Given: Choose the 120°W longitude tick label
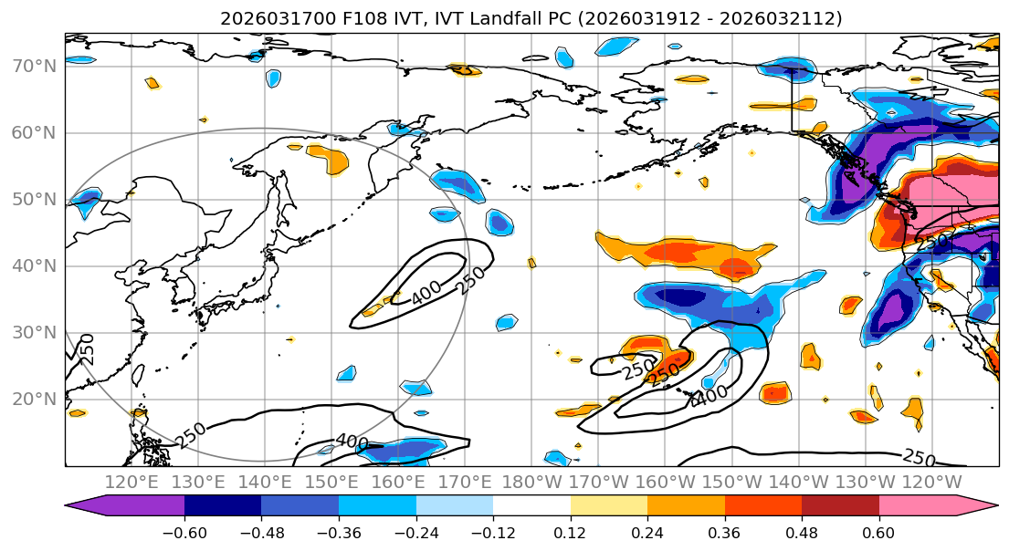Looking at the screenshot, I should (x=930, y=481).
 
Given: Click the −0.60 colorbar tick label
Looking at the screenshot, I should (x=184, y=532).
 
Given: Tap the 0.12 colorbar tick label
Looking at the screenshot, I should (x=570, y=532).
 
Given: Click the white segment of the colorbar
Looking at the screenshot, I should (x=531, y=507).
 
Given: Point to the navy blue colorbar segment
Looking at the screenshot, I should (x=223, y=507).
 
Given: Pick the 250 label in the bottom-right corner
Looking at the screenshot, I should (x=919, y=456).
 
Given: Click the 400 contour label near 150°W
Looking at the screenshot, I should (x=709, y=396).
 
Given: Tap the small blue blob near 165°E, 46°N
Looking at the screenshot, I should (x=445, y=214).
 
